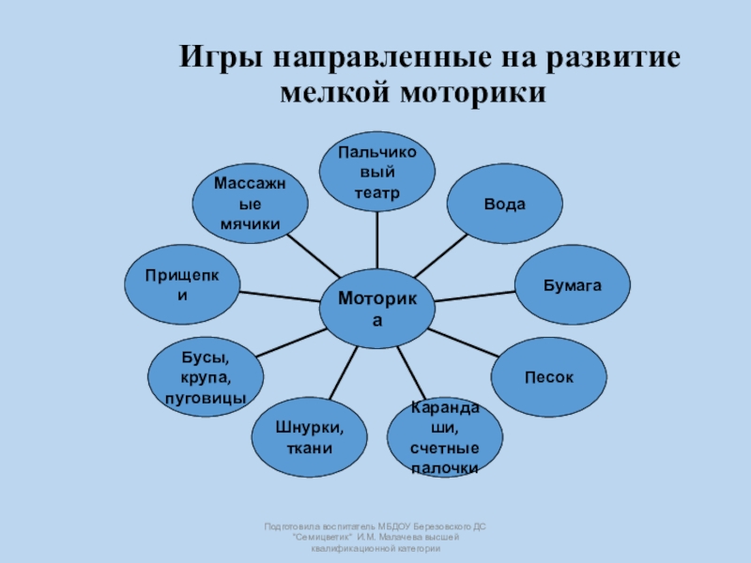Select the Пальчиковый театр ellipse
coord(377,172)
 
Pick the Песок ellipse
coord(549,376)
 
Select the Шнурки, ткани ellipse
coord(309,437)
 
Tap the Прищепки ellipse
coord(182,282)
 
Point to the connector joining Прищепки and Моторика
coord(280,296)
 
